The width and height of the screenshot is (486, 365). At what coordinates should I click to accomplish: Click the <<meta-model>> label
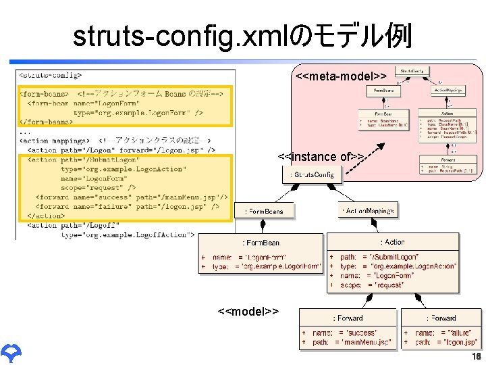[x=341, y=77]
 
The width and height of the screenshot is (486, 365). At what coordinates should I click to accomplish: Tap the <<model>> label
[x=248, y=312]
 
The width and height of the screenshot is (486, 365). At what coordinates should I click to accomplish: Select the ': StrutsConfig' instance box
[x=312, y=175]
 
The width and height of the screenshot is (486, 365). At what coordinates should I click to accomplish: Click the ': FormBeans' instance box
[x=269, y=211]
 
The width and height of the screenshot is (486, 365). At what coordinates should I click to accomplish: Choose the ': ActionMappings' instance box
[x=368, y=211]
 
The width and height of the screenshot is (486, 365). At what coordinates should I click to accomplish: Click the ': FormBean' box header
[x=261, y=242]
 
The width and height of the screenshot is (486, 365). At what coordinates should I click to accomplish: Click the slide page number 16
[x=476, y=356]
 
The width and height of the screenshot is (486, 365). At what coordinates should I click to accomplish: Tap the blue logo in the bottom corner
[x=11, y=351]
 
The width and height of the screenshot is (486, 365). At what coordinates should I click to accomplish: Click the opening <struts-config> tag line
[x=51, y=76]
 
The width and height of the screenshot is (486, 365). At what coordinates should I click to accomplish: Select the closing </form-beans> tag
[x=46, y=122]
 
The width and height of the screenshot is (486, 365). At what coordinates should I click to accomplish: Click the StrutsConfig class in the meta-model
[x=412, y=70]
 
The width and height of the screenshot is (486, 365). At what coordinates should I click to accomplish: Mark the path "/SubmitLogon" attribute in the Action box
[x=390, y=257]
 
